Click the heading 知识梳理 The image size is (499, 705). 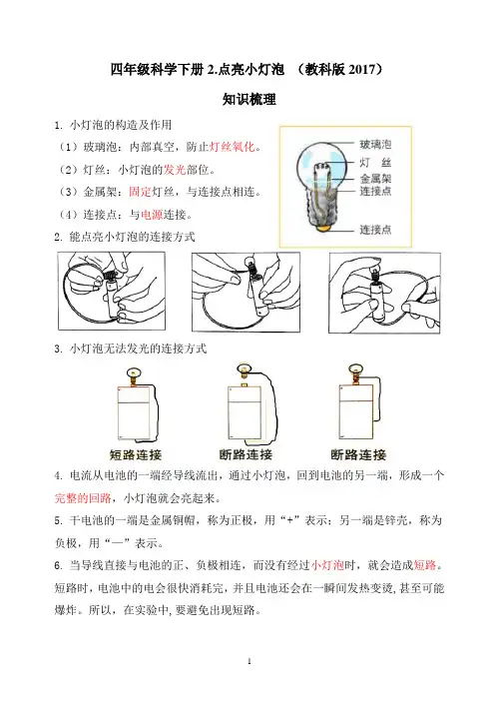(x=249, y=99)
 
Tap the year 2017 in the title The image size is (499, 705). (x=361, y=70)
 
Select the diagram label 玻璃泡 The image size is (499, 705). (x=375, y=145)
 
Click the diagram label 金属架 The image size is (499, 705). (x=375, y=179)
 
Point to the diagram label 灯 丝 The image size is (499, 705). (x=375, y=163)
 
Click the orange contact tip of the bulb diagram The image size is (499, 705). (x=322, y=229)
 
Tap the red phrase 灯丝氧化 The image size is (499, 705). (x=233, y=147)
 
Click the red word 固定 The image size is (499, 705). (x=140, y=192)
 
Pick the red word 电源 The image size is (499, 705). (x=152, y=215)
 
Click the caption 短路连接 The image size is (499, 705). (x=136, y=454)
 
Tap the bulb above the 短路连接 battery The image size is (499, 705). (x=134, y=372)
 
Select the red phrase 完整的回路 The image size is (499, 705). (x=83, y=498)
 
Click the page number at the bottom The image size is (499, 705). (x=249, y=661)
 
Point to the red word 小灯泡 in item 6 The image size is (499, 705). (x=327, y=565)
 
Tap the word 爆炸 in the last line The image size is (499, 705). (x=66, y=610)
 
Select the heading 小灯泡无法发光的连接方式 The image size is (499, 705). (x=138, y=349)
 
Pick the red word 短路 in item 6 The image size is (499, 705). (x=425, y=565)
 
